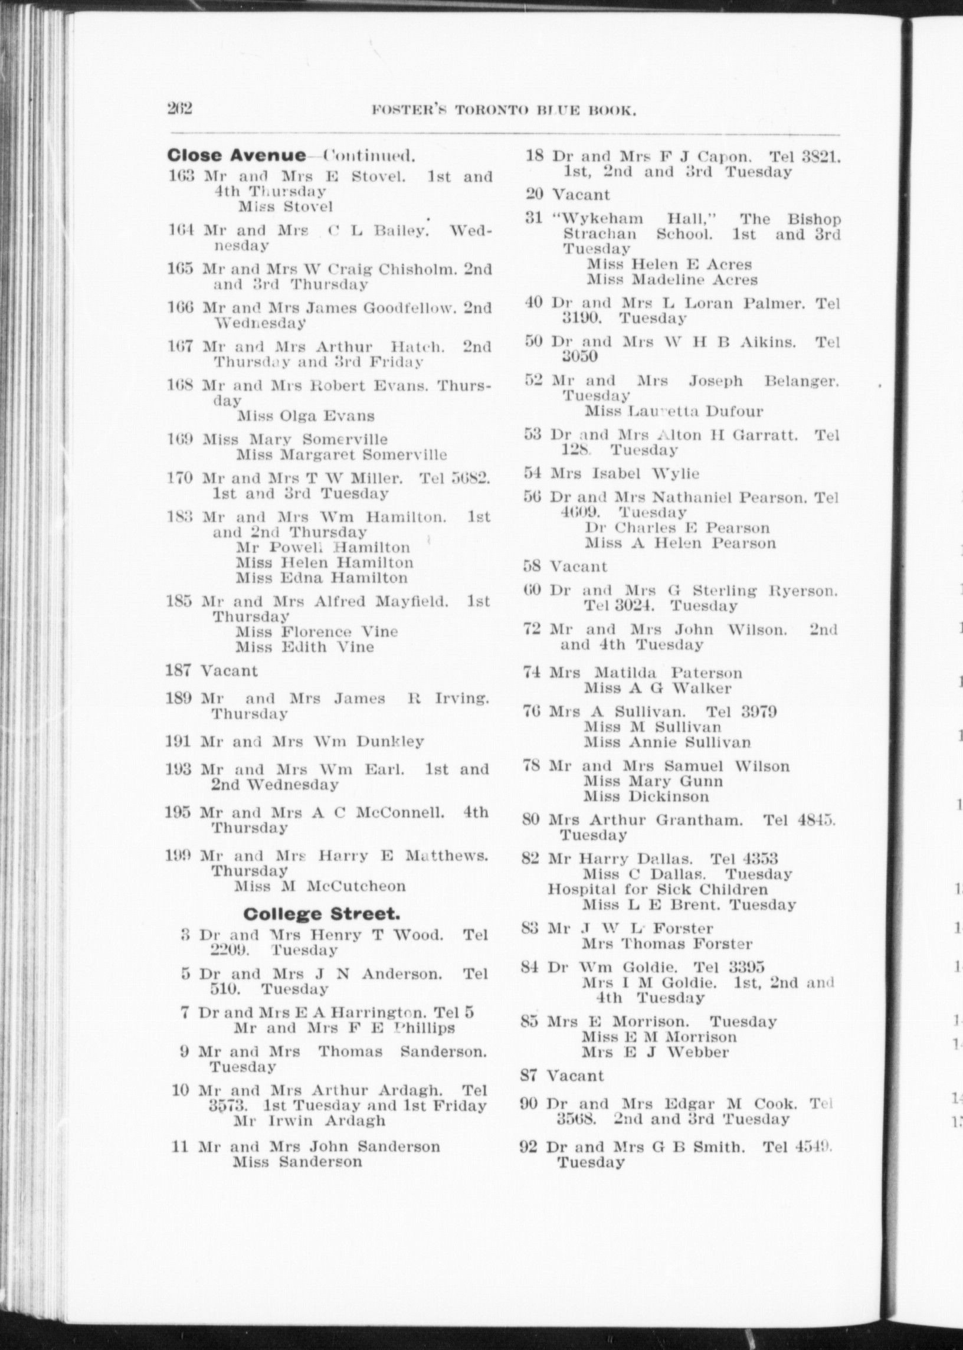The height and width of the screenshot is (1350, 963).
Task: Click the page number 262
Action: pyautogui.click(x=180, y=109)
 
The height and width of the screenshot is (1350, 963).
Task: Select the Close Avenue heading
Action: pyautogui.click(x=237, y=155)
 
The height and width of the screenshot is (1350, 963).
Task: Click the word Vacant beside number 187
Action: pyautogui.click(x=229, y=670)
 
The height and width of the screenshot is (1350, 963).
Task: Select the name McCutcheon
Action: pyautogui.click(x=356, y=886)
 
